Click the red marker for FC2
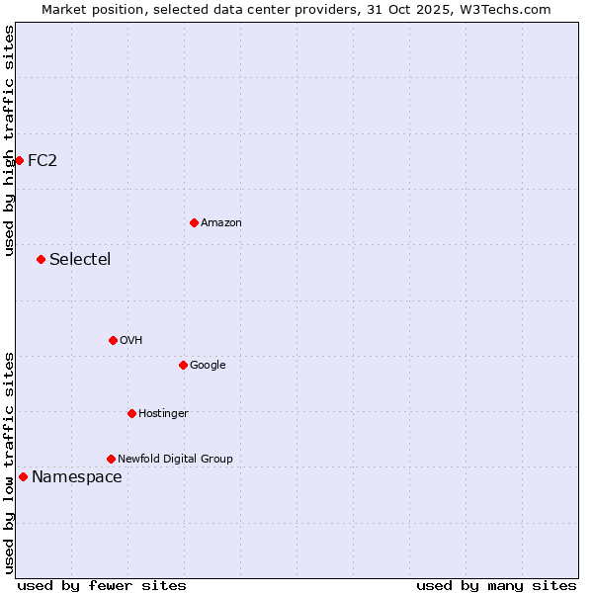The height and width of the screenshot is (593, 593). [x=19, y=160]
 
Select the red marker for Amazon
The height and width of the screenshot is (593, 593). [x=194, y=222]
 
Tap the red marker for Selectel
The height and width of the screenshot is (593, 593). [x=41, y=260]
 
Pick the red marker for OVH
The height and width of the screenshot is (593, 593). [x=113, y=340]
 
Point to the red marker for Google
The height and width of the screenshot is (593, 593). [x=183, y=365]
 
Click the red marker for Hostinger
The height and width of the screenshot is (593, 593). [x=131, y=413]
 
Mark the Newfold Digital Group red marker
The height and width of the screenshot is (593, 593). [x=111, y=459]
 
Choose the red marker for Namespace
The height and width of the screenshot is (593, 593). [x=23, y=477]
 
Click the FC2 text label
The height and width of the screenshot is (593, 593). [x=42, y=160]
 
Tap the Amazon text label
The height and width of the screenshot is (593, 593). [x=221, y=223]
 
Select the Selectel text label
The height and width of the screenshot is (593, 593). [x=80, y=260]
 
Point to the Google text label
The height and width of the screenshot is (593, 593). [x=208, y=366]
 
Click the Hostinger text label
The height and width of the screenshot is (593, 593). [x=163, y=413]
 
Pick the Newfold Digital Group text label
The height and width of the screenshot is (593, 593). [x=175, y=459]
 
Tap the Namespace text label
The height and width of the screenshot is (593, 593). [x=77, y=477]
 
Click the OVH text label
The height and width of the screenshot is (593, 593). [x=131, y=341]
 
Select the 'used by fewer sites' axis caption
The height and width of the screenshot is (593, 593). [x=102, y=585]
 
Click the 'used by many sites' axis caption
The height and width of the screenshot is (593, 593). [x=496, y=585]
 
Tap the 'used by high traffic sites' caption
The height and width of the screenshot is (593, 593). [x=9, y=140]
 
